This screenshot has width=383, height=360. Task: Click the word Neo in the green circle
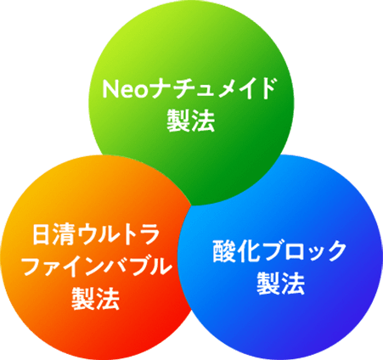click(x=125, y=88)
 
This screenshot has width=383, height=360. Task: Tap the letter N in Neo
click(x=110, y=88)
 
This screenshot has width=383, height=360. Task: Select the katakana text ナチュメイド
click(x=212, y=88)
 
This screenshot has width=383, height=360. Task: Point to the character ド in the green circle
click(x=266, y=88)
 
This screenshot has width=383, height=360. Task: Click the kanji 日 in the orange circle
click(x=42, y=234)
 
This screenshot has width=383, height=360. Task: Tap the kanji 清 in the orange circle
click(x=63, y=234)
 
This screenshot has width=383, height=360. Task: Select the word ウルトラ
click(x=118, y=234)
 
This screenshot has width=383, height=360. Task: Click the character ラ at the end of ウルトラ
click(x=150, y=234)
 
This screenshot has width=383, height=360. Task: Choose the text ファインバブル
click(x=98, y=267)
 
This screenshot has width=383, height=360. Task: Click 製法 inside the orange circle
click(x=95, y=299)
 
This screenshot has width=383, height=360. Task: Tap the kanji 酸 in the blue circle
click(x=224, y=251)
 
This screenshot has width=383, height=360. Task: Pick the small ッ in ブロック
click(x=313, y=253)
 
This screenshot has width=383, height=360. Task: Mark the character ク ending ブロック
click(x=335, y=251)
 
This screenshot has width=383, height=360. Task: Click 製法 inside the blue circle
click(x=280, y=284)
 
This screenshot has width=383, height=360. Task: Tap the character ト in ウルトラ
click(x=129, y=234)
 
